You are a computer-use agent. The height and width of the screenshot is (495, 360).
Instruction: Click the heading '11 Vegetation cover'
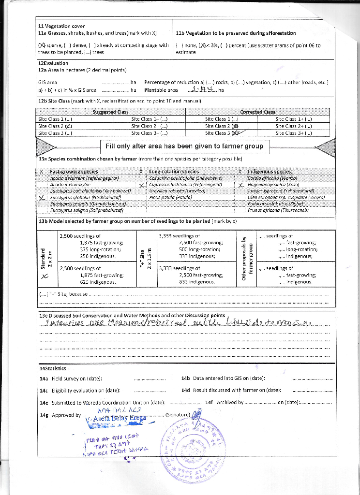pyautogui.click(x=61, y=26)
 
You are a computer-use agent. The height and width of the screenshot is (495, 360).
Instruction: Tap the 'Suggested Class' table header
pyautogui.click(x=110, y=112)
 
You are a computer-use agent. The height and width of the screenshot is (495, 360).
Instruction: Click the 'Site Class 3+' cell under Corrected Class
pyautogui.click(x=294, y=133)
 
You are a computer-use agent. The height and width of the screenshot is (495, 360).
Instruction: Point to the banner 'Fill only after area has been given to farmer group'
pyautogui.click(x=184, y=146)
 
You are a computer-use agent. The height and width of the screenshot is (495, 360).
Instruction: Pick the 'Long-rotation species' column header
pyautogui.click(x=174, y=172)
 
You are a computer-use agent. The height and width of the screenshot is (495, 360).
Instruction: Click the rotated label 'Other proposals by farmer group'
pyautogui.click(x=247, y=256)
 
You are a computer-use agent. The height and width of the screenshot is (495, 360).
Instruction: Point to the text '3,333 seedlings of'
pyautogui.click(x=180, y=236)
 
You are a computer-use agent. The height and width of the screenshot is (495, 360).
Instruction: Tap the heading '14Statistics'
pyautogui.click(x=52, y=368)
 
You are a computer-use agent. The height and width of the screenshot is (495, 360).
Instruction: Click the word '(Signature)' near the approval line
pyautogui.click(x=178, y=415)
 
